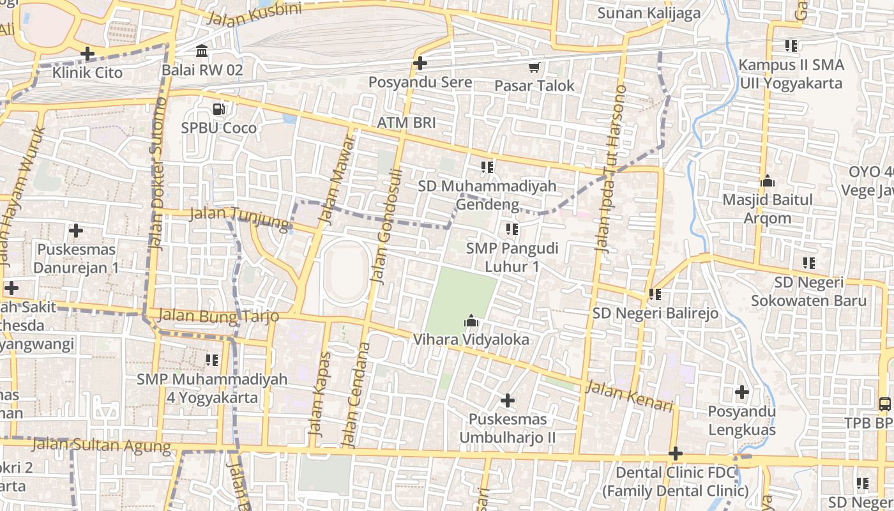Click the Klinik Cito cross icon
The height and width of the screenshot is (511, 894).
(x=87, y=54)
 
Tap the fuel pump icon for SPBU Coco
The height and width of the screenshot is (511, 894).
(x=219, y=109)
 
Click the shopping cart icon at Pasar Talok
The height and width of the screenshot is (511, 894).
(x=534, y=67)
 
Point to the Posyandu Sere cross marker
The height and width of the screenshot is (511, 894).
(x=420, y=63)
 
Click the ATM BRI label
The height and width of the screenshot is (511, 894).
(x=405, y=123)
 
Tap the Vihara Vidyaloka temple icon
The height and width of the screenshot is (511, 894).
(x=471, y=321)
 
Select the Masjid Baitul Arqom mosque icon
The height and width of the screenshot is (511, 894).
(x=768, y=181)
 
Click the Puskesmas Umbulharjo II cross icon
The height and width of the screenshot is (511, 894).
(x=508, y=400)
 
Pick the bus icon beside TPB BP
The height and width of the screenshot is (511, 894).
(x=884, y=404)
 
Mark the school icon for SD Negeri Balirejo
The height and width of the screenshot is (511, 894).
(x=655, y=294)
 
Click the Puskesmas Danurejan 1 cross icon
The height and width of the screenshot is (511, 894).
(x=76, y=230)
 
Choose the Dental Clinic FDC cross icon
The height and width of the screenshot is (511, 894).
(x=676, y=454)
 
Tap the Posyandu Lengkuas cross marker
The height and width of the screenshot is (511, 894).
(x=741, y=392)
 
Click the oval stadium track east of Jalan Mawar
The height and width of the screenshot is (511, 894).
(x=345, y=273)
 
